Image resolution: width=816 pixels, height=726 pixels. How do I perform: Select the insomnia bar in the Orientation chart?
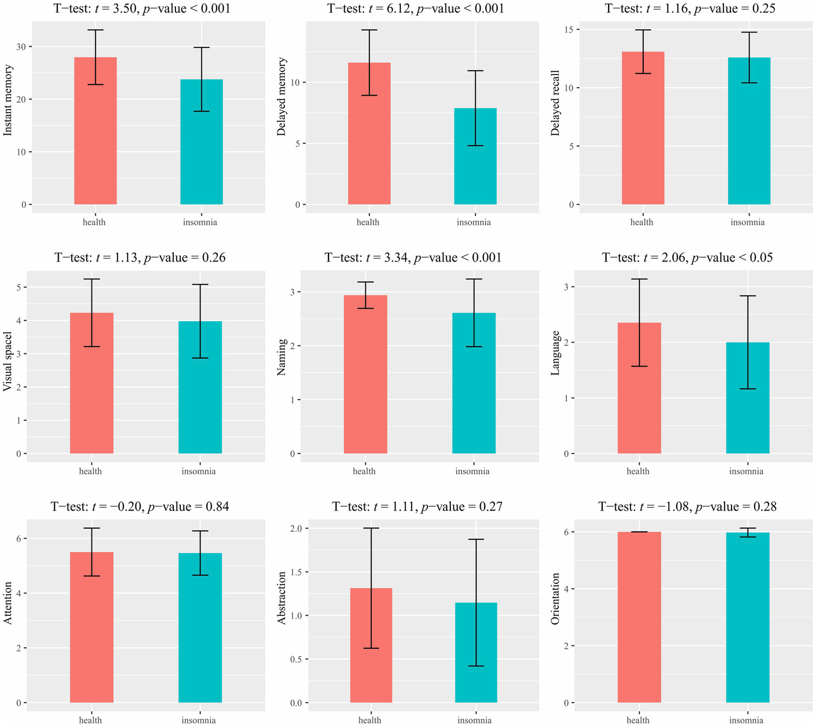click(x=747, y=617)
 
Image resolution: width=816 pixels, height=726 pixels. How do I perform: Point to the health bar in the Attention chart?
click(x=91, y=627)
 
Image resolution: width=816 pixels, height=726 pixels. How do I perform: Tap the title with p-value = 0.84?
click(x=140, y=507)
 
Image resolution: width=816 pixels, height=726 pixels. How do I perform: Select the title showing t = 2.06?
click(x=687, y=258)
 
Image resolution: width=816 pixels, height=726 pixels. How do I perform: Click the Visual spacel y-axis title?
click(x=8, y=362)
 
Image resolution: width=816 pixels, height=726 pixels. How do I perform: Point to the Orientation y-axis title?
click(x=556, y=598)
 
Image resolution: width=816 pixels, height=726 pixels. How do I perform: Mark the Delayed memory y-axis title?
click(x=282, y=97)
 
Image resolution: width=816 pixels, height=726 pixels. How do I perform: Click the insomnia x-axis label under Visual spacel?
click(x=199, y=471)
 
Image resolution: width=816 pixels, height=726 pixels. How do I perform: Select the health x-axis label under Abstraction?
click(x=370, y=720)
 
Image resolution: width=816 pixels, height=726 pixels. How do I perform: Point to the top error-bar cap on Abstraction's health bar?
click(x=371, y=528)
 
